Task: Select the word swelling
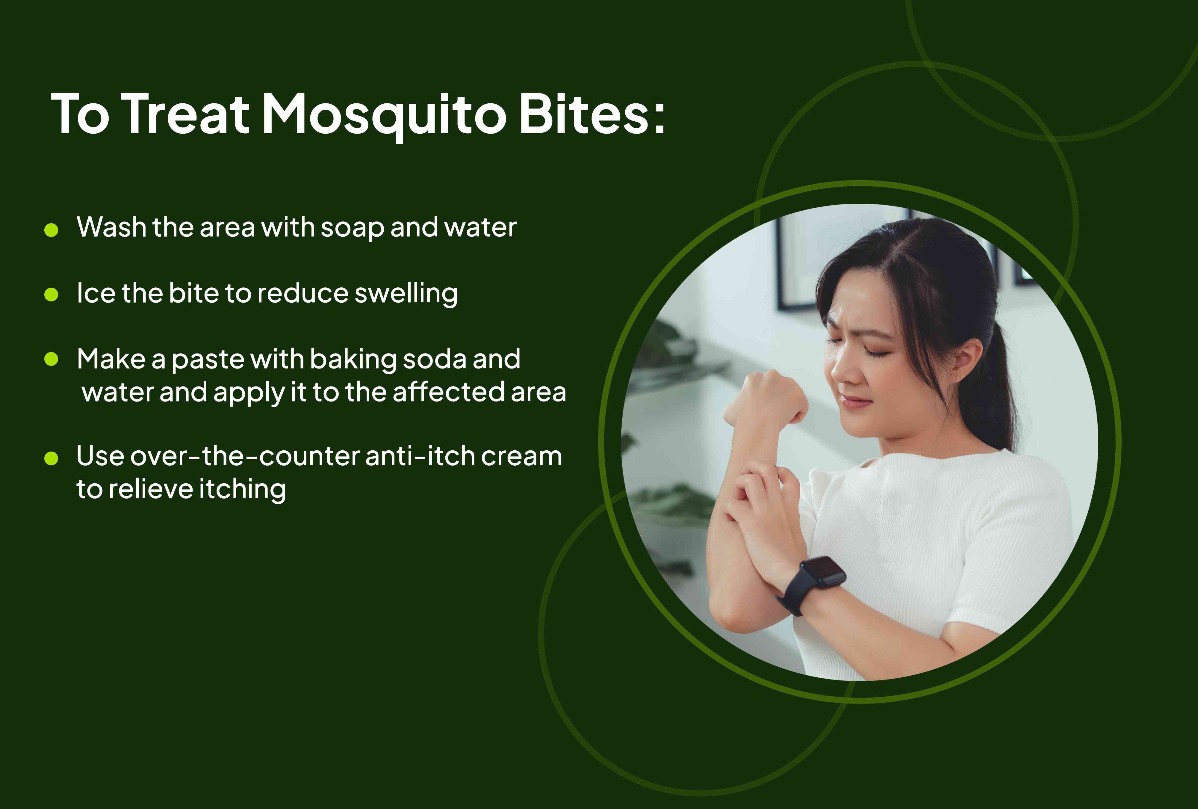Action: [x=406, y=294]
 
